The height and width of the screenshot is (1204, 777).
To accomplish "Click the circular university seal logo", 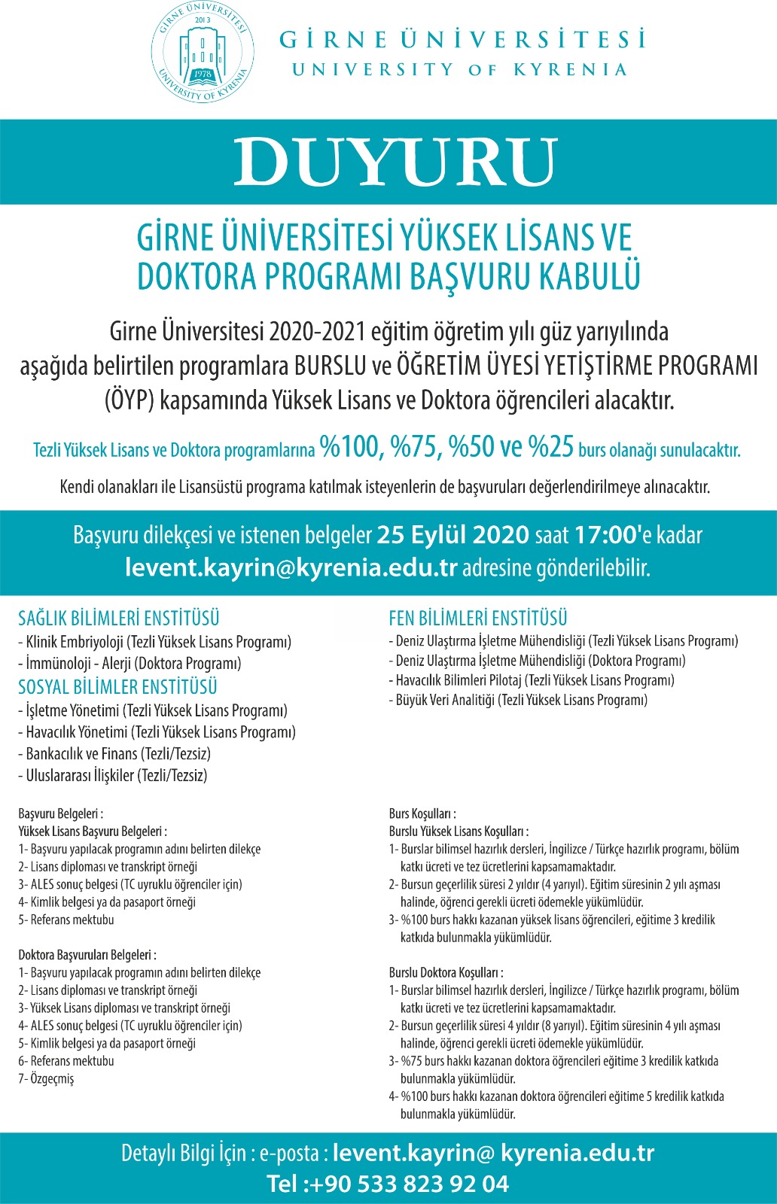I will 201,52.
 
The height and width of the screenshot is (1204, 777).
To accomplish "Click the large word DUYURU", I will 395,162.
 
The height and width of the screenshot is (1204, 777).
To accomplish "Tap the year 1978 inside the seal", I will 202,74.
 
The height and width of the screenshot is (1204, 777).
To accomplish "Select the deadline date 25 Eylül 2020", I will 453,535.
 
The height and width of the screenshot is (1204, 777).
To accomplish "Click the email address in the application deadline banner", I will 291,567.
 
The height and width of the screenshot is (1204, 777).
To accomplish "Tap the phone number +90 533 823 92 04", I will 410,1184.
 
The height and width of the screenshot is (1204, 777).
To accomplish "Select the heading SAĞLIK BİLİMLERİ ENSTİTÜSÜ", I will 119,619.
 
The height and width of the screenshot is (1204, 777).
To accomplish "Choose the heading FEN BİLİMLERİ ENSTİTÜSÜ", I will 478,619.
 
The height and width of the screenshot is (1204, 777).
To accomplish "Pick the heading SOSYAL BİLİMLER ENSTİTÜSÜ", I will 118,687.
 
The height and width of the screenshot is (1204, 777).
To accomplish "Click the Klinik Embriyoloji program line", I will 155,642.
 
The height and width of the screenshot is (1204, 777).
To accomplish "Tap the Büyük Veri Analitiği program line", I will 518,700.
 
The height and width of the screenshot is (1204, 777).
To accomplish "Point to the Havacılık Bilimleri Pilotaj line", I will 532,680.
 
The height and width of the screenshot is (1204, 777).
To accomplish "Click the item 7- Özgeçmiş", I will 47,1078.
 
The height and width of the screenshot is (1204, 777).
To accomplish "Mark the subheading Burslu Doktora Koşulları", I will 446,972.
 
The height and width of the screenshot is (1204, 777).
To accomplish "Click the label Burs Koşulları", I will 422,813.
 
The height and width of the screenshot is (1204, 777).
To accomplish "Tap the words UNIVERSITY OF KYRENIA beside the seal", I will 459,70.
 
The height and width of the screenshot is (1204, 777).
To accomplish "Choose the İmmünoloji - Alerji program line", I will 130,664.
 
